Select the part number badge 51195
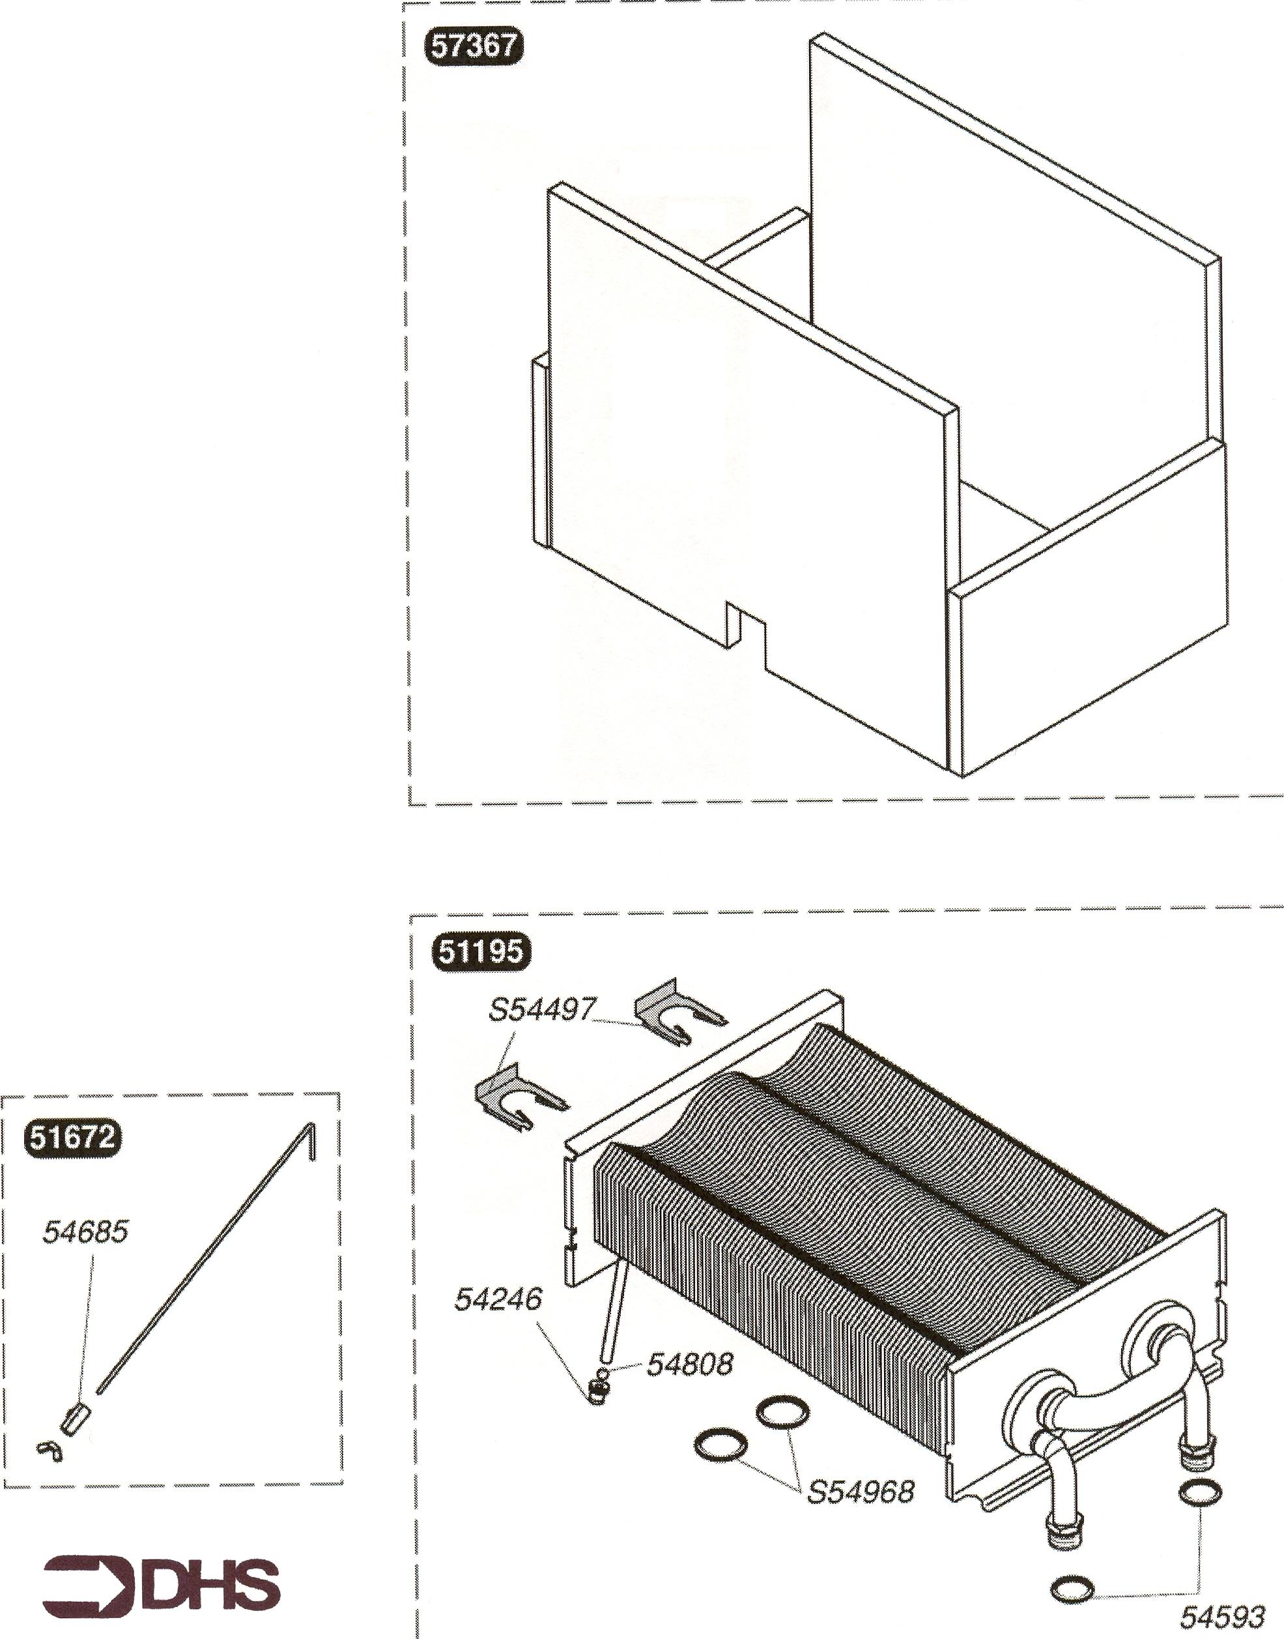click(x=481, y=951)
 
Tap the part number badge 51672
click(x=72, y=1136)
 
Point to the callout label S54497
click(x=542, y=1009)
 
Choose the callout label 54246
click(x=498, y=1299)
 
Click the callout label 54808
click(x=689, y=1364)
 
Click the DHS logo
click(x=161, y=1586)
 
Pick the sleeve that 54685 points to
click(x=75, y=1419)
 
